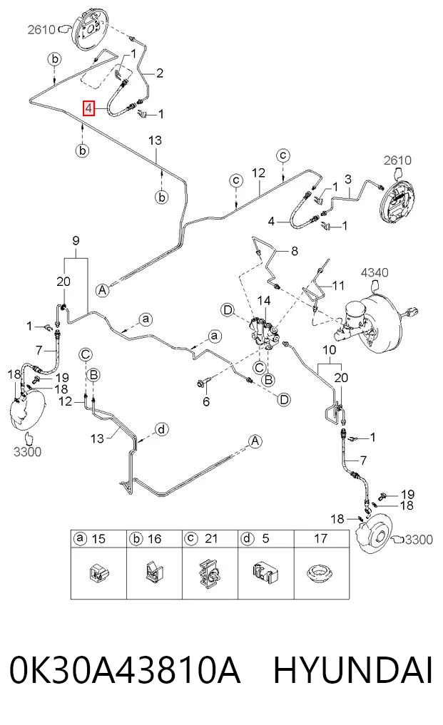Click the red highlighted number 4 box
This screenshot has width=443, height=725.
(88, 108)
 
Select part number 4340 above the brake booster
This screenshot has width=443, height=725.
(375, 272)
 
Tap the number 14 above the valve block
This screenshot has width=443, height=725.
(264, 301)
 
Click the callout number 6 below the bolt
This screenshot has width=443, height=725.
(206, 401)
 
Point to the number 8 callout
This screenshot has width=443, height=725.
(295, 251)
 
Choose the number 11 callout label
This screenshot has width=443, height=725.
(338, 285)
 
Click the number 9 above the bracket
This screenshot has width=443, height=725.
(76, 240)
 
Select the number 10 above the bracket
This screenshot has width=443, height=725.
(330, 350)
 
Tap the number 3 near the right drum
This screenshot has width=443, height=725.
(348, 179)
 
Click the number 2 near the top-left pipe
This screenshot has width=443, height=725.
(160, 73)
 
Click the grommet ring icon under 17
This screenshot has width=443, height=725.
(320, 573)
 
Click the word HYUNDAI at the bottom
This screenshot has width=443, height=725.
(353, 670)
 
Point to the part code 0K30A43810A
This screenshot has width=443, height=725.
(125, 670)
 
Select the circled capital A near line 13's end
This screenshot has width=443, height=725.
(102, 290)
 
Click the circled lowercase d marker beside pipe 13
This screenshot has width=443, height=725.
(161, 430)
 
